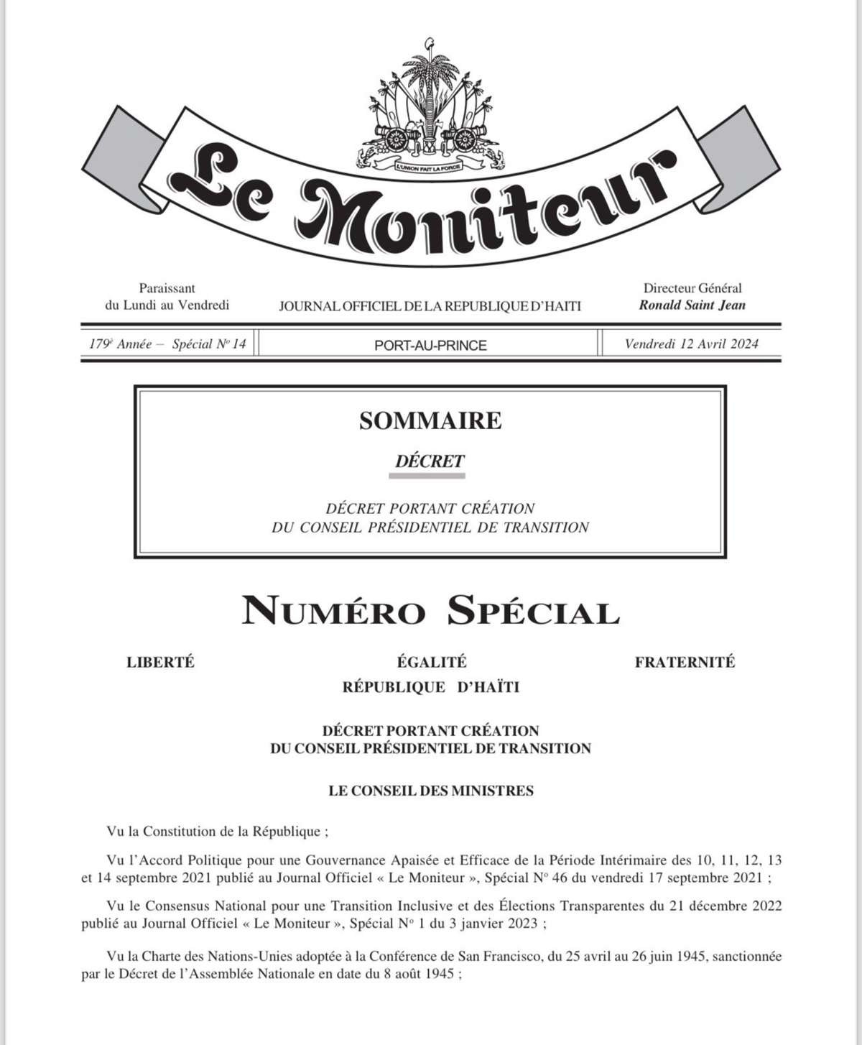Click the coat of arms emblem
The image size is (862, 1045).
430,108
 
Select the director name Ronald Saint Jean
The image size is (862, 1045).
692,305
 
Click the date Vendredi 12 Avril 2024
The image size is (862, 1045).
691,344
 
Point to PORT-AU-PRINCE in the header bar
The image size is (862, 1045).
430,345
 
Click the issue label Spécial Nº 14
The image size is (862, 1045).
209,344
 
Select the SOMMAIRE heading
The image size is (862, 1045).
430,420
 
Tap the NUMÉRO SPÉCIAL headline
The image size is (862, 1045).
430,612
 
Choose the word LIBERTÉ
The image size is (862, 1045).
160,662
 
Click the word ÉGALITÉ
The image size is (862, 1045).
431,662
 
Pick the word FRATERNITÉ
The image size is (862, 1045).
685,662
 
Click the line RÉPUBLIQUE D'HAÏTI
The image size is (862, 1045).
430,687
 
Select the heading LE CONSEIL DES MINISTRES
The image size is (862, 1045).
430,791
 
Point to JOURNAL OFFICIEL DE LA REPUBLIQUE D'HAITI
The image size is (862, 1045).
430,306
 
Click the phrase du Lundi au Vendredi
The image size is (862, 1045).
167,305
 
